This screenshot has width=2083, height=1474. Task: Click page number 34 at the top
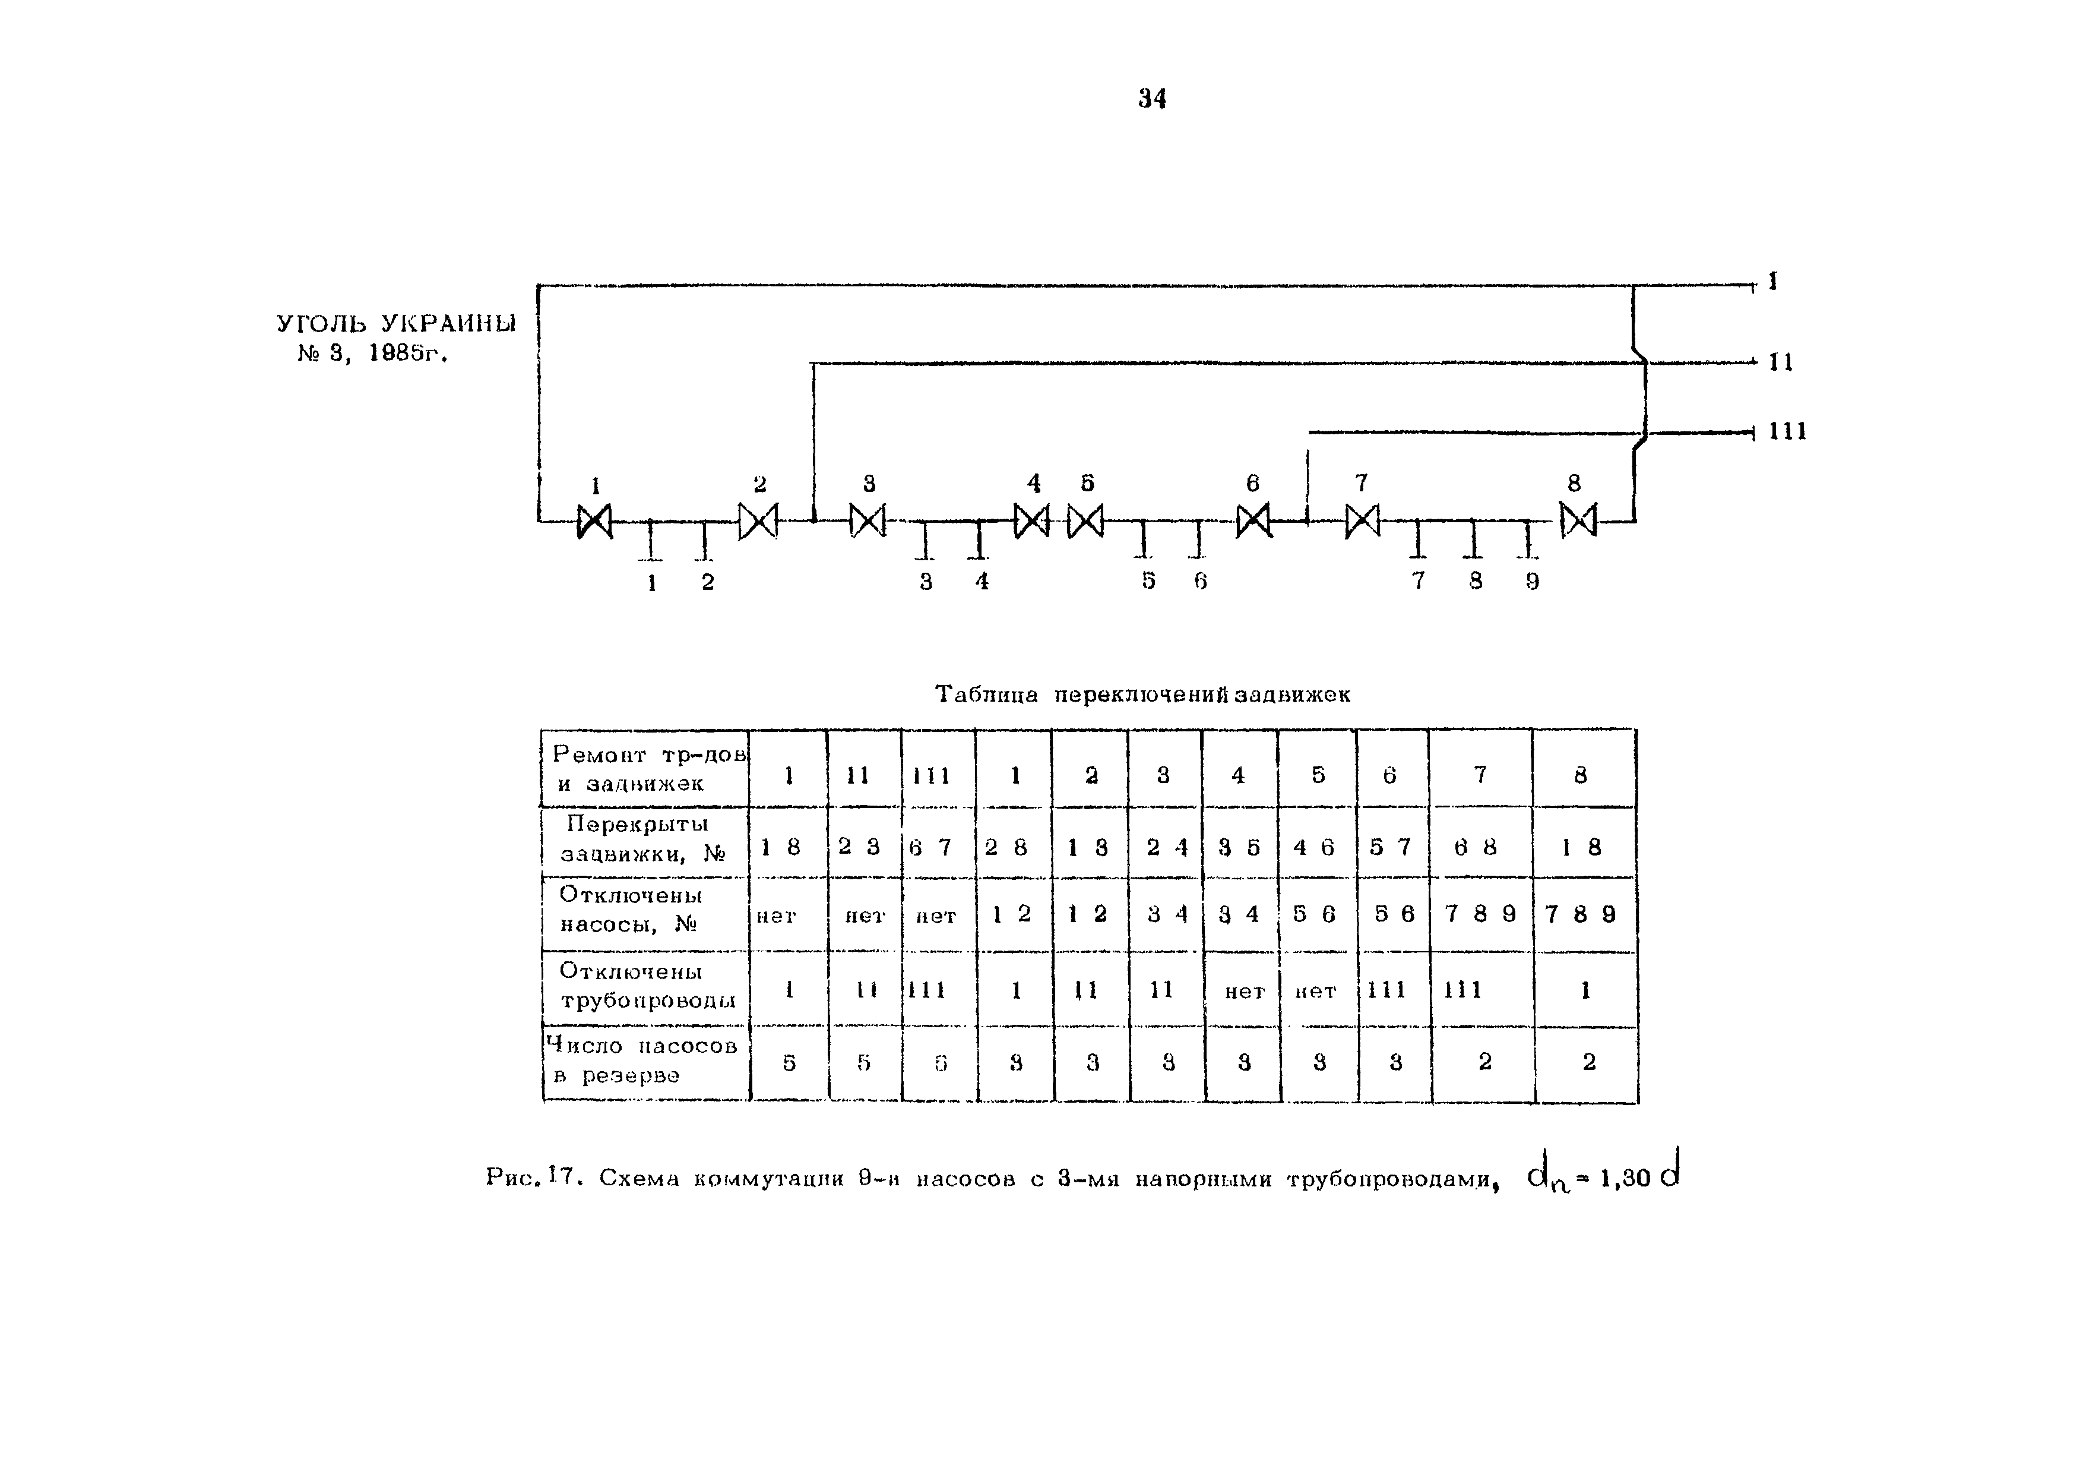(1152, 98)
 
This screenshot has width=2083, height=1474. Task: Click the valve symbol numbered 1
(595, 522)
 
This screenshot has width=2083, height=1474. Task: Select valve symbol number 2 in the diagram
(758, 521)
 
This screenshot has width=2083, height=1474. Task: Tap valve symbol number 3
(868, 521)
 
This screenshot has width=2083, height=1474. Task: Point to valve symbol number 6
(1254, 522)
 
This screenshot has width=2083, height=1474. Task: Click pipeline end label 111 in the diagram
(1787, 431)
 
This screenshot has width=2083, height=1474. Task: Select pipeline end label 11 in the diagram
(1781, 362)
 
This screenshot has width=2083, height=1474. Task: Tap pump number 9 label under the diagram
(1533, 581)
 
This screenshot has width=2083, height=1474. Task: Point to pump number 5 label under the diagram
(1148, 581)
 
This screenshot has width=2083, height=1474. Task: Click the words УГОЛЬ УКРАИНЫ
(397, 324)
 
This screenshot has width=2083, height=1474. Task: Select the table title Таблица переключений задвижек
(1142, 695)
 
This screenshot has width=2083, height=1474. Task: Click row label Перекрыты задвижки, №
(643, 839)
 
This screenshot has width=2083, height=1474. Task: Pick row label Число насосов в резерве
(643, 1060)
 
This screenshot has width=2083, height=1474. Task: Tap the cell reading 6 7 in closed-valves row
(931, 847)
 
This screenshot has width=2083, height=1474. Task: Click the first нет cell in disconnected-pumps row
(777, 916)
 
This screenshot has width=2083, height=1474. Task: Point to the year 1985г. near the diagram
(409, 354)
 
